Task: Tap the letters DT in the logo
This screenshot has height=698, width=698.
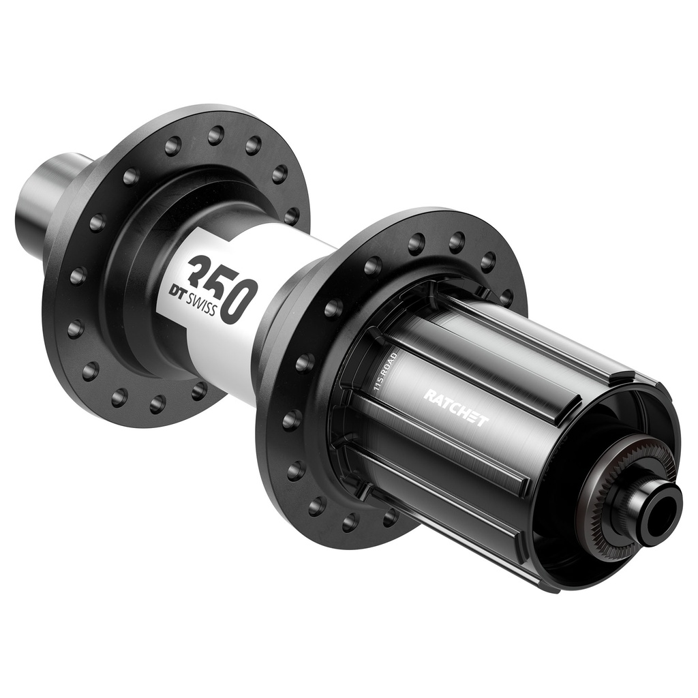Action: click(181, 290)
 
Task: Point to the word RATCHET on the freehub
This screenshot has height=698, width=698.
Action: click(455, 408)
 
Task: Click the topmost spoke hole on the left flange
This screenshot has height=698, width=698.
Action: click(215, 135)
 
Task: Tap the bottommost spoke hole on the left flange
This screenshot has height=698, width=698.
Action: click(157, 404)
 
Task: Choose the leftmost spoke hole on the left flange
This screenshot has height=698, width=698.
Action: click(75, 329)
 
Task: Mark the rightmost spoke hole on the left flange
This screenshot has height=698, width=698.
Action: click(292, 215)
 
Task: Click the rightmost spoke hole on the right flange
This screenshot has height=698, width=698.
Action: click(506, 298)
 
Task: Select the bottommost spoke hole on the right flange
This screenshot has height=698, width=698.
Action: click(350, 522)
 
